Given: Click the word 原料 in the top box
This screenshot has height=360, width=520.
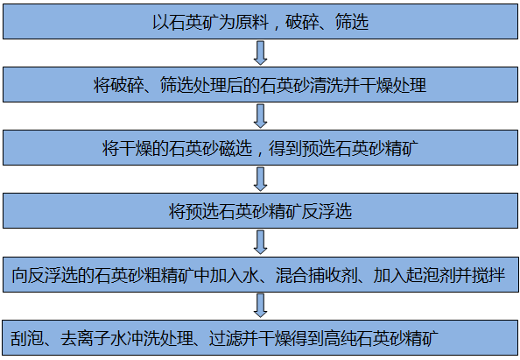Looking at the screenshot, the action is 252,22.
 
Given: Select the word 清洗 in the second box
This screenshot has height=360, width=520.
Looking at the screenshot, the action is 326,85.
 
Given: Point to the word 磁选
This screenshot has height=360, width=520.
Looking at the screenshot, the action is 235,148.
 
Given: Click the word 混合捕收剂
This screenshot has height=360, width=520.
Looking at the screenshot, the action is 316,275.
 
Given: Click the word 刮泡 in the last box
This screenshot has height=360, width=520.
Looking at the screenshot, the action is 27,338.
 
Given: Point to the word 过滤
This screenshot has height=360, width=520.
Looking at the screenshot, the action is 226,338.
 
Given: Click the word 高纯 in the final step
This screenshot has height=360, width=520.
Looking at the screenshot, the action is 341,338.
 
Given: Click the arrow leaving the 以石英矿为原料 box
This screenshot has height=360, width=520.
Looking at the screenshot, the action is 260,53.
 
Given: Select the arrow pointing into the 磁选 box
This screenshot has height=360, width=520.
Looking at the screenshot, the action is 260,116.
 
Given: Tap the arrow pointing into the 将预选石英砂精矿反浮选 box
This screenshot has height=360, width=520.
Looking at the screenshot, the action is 260,180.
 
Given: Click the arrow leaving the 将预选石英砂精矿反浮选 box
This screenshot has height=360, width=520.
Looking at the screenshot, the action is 260,243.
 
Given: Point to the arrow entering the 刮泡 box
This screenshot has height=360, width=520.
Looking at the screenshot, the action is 260,306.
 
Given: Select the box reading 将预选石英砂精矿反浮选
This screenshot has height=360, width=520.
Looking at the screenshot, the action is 260,211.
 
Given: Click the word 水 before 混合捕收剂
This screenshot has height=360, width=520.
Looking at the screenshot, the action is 250,275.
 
